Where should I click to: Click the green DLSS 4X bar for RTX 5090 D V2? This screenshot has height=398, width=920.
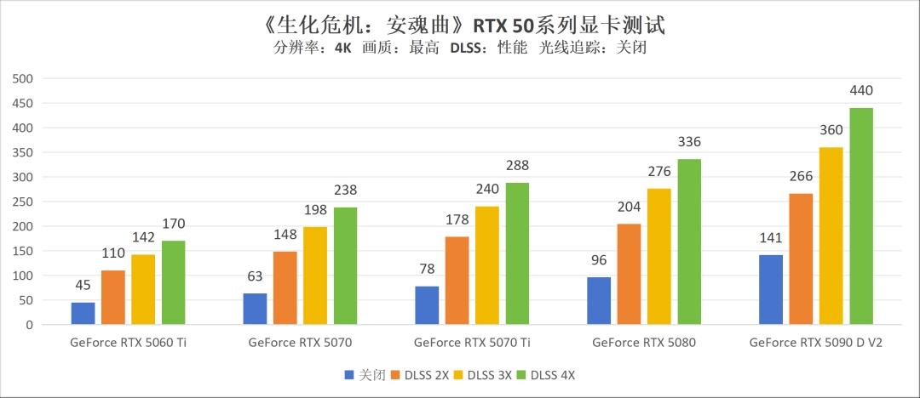pos(861,217)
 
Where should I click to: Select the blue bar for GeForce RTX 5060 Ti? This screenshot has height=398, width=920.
pos(83,314)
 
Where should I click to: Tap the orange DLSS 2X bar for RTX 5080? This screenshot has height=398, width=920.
pos(629,275)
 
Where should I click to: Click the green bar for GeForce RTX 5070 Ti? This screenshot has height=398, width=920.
pos(517,253)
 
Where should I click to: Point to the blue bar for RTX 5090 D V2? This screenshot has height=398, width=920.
pos(771,290)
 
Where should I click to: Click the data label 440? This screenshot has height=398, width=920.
pos(861,91)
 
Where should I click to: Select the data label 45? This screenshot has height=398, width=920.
pos(83,286)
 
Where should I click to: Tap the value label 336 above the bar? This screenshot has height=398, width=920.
pos(689,142)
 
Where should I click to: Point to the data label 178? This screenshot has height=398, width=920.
pos(457,220)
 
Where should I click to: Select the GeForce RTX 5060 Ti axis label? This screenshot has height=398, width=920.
pos(128,343)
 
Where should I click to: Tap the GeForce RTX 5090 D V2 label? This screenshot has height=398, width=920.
pos(816,343)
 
